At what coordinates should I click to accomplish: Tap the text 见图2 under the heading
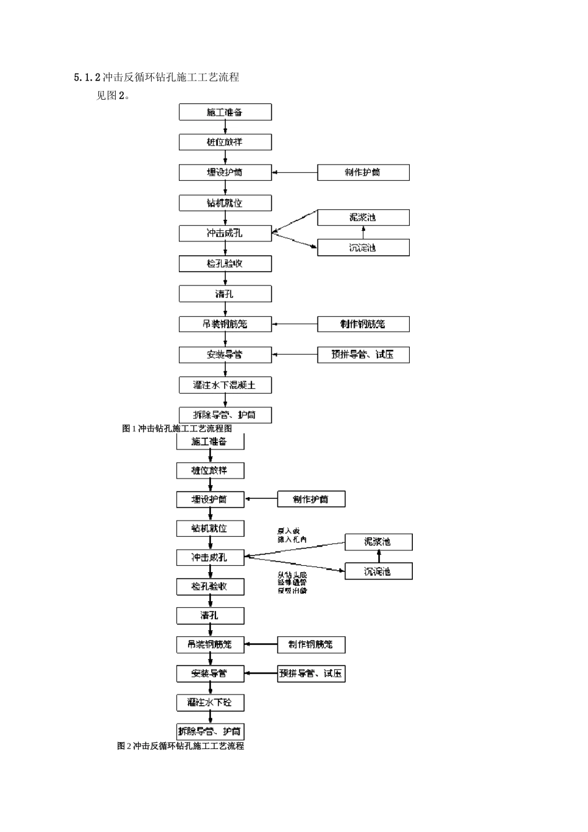pyautogui.click(x=112, y=95)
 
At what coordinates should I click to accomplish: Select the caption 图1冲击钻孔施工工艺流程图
pyautogui.click(x=177, y=428)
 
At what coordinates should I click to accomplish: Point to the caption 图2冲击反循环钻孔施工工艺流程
pyautogui.click(x=180, y=746)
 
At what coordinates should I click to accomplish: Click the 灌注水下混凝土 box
pyautogui.click(x=225, y=385)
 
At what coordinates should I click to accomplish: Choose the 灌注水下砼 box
pyautogui.click(x=210, y=702)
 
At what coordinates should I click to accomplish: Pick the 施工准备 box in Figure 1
pyautogui.click(x=225, y=112)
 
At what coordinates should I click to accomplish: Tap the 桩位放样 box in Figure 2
pyautogui.click(x=210, y=470)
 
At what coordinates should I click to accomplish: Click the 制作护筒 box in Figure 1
pyautogui.click(x=363, y=172)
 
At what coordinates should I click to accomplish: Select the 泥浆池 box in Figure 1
pyautogui.click(x=363, y=217)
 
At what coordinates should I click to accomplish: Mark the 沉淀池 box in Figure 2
pyautogui.click(x=378, y=571)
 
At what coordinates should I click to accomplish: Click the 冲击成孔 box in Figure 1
pyautogui.click(x=225, y=233)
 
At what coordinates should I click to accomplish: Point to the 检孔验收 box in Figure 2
pyautogui.click(x=210, y=586)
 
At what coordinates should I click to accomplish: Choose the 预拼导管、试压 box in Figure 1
pyautogui.click(x=363, y=355)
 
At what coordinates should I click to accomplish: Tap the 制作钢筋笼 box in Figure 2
pyautogui.click(x=311, y=644)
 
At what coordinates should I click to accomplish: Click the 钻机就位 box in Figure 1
pyautogui.click(x=225, y=202)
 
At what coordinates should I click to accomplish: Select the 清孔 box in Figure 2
pyautogui.click(x=210, y=615)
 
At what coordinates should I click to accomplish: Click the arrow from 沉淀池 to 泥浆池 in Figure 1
pyautogui.click(x=363, y=233)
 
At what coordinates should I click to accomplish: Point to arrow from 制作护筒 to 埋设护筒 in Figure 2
pyautogui.click(x=261, y=499)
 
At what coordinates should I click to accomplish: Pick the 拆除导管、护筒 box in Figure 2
pyautogui.click(x=210, y=731)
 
